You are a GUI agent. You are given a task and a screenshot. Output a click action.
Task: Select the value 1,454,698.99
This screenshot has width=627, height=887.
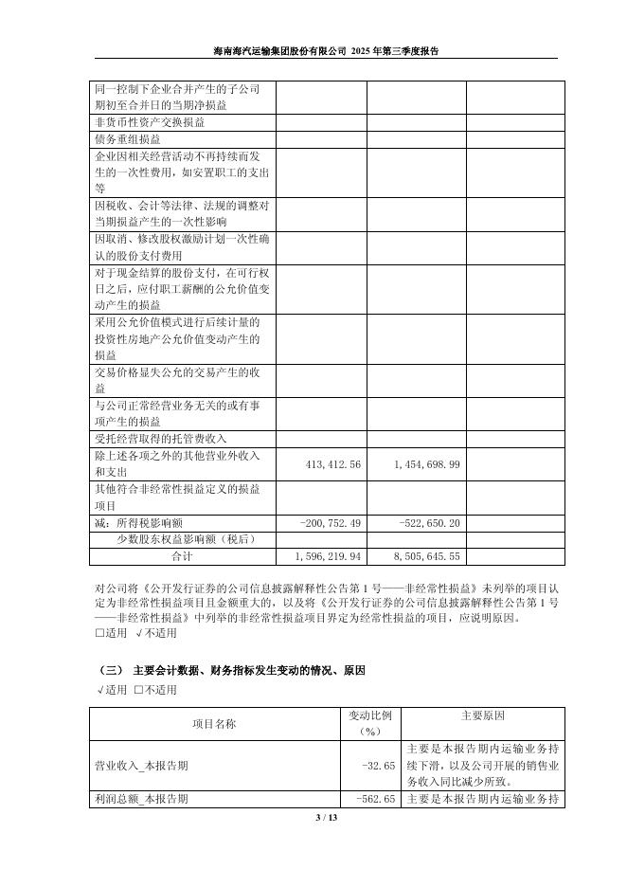pyautogui.click(x=425, y=463)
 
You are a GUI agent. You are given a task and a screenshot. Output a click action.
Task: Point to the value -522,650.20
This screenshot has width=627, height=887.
pyautogui.click(x=427, y=522)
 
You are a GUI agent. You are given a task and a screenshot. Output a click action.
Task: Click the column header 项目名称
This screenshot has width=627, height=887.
pyautogui.click(x=214, y=723)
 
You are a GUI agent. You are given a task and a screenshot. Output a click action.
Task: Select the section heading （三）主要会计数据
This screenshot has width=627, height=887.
pyautogui.click(x=231, y=670)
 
